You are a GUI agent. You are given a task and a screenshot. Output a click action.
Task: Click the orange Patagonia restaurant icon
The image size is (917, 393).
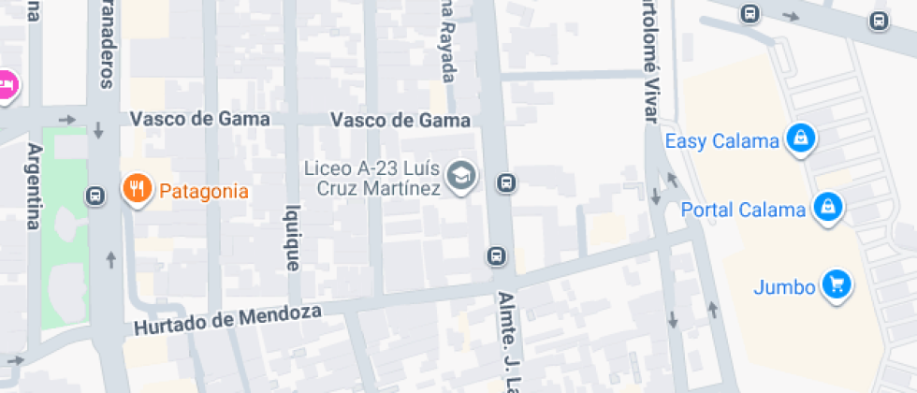click(137, 189)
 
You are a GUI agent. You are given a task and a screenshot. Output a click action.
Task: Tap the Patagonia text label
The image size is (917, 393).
click(204, 192)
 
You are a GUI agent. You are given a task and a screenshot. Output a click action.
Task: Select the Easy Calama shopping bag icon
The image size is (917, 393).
click(800, 139)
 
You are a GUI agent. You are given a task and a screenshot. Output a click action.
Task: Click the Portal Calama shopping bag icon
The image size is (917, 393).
click(827, 208)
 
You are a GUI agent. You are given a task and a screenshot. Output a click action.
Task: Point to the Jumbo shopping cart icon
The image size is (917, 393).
click(836, 284)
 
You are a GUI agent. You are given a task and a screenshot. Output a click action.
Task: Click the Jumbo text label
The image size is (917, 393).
click(784, 287)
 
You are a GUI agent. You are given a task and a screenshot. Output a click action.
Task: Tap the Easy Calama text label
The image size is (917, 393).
click(721, 142)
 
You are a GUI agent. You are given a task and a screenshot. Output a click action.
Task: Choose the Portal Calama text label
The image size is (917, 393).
click(743, 210)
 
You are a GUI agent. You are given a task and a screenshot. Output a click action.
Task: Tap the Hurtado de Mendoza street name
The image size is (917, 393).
click(227, 319)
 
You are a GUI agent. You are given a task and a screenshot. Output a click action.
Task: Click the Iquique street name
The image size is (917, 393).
click(293, 238)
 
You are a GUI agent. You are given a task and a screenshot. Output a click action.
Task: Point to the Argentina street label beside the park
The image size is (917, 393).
click(35, 186)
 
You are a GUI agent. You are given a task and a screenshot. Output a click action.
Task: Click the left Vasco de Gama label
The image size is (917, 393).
click(199, 119)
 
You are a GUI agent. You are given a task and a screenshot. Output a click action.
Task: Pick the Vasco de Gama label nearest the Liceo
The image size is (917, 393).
click(400, 121)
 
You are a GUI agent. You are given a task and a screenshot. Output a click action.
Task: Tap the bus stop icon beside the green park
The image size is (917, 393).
click(95, 196)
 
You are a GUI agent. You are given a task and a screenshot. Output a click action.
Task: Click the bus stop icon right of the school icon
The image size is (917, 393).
click(506, 182)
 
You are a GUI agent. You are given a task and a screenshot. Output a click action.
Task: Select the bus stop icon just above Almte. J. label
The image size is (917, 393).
click(496, 255)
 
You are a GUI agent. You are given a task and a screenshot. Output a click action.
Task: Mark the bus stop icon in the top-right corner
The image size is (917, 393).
click(878, 20)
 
